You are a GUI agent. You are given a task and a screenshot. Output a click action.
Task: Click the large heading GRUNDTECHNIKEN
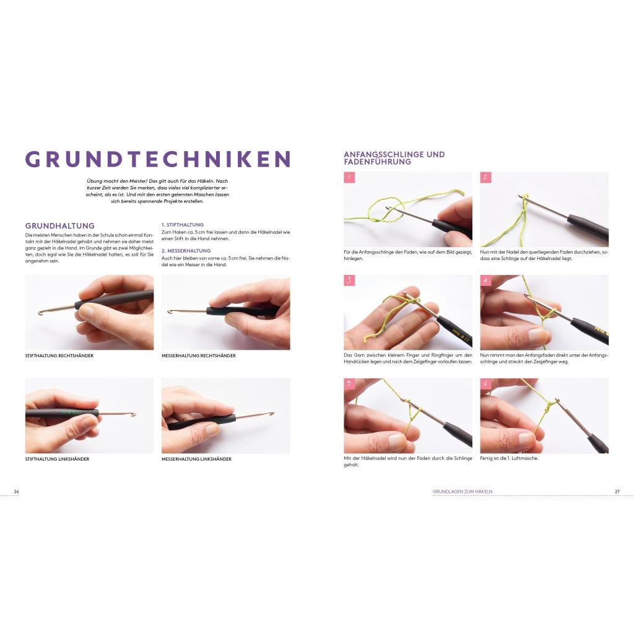(x=158, y=159)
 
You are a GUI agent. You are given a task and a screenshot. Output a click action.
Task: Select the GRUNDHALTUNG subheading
(x=60, y=225)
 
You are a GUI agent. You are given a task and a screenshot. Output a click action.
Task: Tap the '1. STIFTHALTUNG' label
(x=183, y=224)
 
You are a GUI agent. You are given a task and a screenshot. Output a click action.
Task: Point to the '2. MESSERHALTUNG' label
(x=186, y=251)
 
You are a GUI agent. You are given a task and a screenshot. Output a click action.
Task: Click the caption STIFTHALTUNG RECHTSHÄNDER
(x=59, y=356)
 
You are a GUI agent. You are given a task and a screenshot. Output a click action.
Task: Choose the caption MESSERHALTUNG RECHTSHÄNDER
(x=199, y=356)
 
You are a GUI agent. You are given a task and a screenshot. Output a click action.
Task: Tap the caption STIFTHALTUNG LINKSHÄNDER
(x=57, y=459)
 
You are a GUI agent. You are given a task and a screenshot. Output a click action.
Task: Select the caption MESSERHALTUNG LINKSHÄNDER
(x=196, y=459)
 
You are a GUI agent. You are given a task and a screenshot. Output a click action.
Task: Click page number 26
(x=17, y=492)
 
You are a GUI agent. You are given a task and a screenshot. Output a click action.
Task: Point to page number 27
(x=617, y=492)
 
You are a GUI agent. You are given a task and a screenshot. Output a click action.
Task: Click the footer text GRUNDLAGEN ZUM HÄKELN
(x=462, y=492)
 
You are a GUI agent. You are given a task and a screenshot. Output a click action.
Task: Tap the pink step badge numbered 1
(x=349, y=177)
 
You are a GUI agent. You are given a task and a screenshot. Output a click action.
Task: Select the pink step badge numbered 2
(x=485, y=177)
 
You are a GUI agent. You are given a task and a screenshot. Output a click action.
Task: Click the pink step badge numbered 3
(x=349, y=280)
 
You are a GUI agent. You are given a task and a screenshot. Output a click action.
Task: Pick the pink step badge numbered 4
(x=485, y=280)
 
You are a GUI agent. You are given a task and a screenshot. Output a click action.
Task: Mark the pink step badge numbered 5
(x=349, y=384)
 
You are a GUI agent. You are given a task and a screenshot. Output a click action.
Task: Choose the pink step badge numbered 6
(x=485, y=384)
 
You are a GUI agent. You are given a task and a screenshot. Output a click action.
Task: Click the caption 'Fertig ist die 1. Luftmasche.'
(x=509, y=459)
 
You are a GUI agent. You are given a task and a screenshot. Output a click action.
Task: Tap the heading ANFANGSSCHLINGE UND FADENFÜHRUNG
(x=394, y=158)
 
